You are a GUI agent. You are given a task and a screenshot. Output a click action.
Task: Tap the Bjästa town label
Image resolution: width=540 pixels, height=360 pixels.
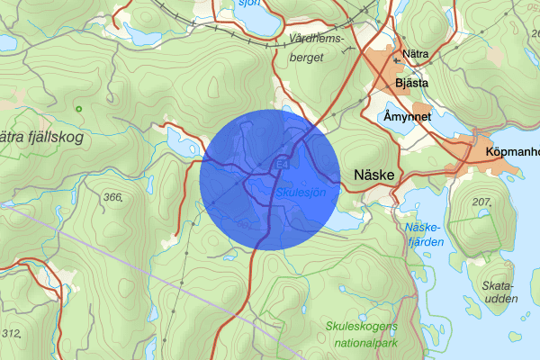coord(411,84)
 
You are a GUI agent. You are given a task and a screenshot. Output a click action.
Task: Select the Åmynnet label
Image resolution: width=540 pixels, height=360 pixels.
coord(408,118)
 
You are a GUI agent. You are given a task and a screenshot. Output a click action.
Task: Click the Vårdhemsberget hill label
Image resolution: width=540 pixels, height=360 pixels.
coord(317,48)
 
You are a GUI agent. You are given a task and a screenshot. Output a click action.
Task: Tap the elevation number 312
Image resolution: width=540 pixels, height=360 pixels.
coord(11,333)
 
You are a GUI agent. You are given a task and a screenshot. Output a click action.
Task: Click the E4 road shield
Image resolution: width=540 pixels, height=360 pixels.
coord(283,164)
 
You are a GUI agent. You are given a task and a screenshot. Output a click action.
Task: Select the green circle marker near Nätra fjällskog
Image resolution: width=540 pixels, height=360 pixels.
coord(79,110)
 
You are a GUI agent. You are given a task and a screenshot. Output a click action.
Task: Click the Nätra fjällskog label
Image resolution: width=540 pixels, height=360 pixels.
coord(40,138)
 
